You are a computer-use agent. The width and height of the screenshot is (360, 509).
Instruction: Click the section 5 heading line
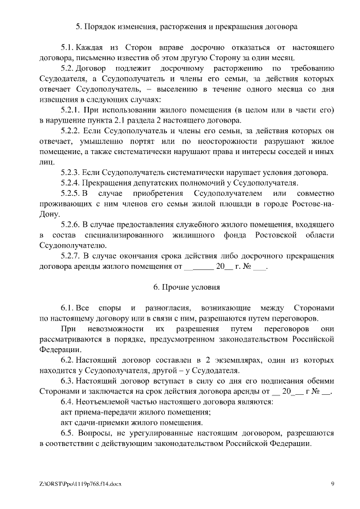pyautogui.click(x=186, y=26)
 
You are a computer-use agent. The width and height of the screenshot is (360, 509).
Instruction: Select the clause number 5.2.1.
pyautogui.click(x=73, y=109)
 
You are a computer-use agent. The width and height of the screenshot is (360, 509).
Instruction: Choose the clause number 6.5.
pyautogui.click(x=67, y=434)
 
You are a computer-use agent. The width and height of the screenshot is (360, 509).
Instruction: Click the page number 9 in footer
pyautogui.click(x=332, y=484)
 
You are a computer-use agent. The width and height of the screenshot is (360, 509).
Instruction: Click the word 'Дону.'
pyautogui.click(x=50, y=214)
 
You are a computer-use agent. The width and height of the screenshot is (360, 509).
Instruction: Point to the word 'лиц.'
pyautogui.click(x=46, y=161)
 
